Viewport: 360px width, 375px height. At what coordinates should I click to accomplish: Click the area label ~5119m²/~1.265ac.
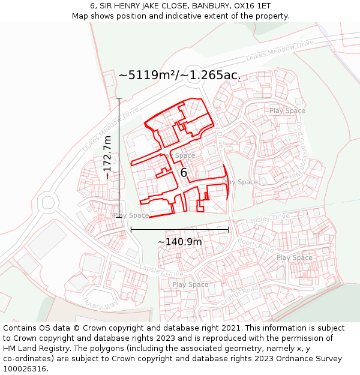(x=179, y=76)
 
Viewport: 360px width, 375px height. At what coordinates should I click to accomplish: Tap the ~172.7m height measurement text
(x=107, y=157)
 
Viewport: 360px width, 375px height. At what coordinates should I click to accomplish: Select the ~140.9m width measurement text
(x=179, y=242)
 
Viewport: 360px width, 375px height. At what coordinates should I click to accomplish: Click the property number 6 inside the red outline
(x=184, y=173)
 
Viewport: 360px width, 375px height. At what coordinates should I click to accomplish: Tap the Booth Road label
(x=256, y=244)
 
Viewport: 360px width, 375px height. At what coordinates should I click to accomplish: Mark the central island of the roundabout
(x=47, y=202)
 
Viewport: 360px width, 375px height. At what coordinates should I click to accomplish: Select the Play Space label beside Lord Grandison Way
(x=287, y=110)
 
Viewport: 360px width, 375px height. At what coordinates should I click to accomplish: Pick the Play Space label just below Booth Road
(x=294, y=258)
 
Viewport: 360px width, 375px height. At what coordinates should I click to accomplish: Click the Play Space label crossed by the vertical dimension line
(x=131, y=215)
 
